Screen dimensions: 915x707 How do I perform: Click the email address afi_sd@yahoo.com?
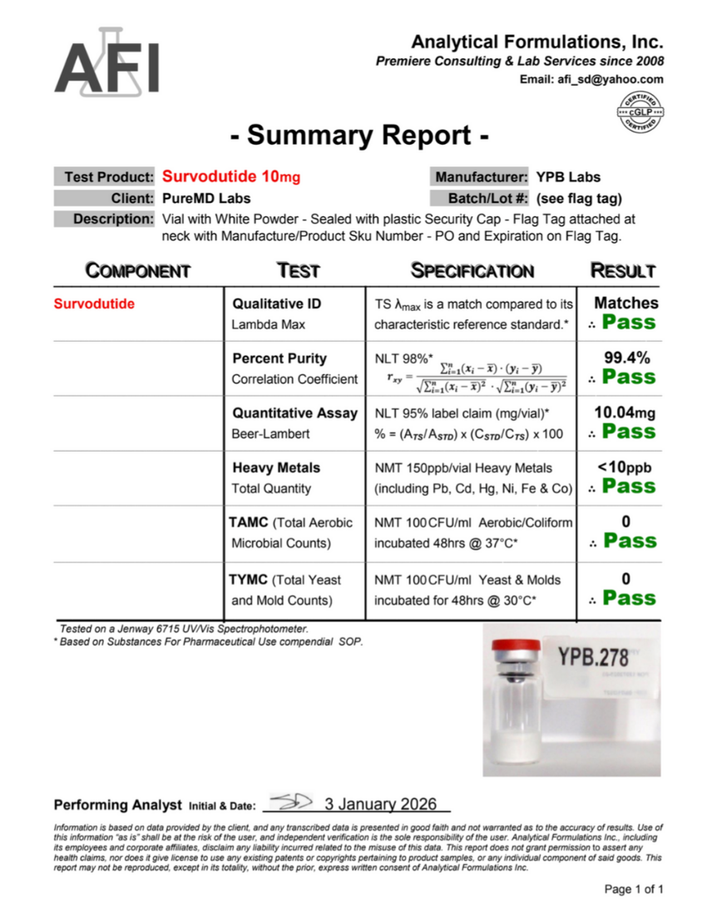(591, 79)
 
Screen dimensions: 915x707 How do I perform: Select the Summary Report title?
(358, 134)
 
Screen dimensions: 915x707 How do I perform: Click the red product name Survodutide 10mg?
(231, 177)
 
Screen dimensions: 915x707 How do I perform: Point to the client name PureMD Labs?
(206, 198)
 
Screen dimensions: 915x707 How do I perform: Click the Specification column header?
(472, 270)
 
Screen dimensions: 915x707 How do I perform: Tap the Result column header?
(623, 270)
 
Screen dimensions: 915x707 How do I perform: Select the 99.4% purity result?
(626, 358)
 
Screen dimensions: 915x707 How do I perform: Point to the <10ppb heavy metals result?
(625, 467)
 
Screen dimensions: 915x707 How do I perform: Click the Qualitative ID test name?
(276, 304)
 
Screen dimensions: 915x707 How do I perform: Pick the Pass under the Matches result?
(629, 323)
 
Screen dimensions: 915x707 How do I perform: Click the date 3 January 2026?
(381, 804)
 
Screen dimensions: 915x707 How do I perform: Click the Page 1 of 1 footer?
(634, 889)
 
